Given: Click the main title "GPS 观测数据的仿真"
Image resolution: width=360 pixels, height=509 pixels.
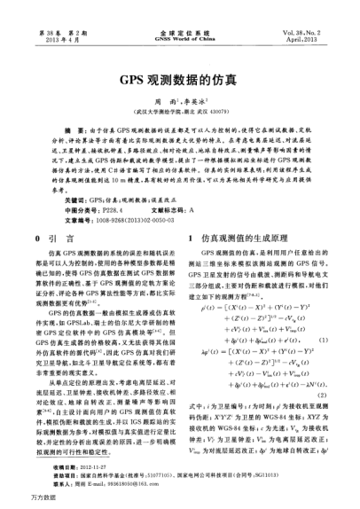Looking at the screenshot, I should (x=180, y=77).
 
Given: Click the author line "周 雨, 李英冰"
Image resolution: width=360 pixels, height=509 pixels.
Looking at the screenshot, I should (x=180, y=102).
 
